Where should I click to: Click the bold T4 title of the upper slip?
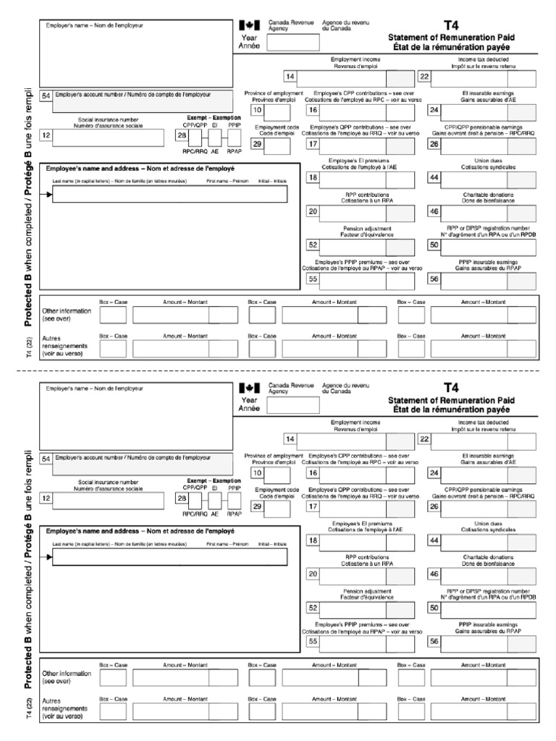(x=451, y=25)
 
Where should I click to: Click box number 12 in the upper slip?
(x=46, y=135)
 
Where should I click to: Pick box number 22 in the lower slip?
(x=425, y=439)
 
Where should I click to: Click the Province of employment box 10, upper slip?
(x=257, y=110)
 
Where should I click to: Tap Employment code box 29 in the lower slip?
(x=257, y=507)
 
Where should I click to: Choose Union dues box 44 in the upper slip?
(x=434, y=177)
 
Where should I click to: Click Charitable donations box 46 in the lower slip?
(x=434, y=574)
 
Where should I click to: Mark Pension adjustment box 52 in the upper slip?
(x=313, y=245)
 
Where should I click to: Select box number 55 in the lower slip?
(x=313, y=640)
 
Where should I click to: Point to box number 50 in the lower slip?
(x=434, y=608)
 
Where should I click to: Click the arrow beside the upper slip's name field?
(x=49, y=195)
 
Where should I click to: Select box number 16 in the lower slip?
(x=313, y=473)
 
